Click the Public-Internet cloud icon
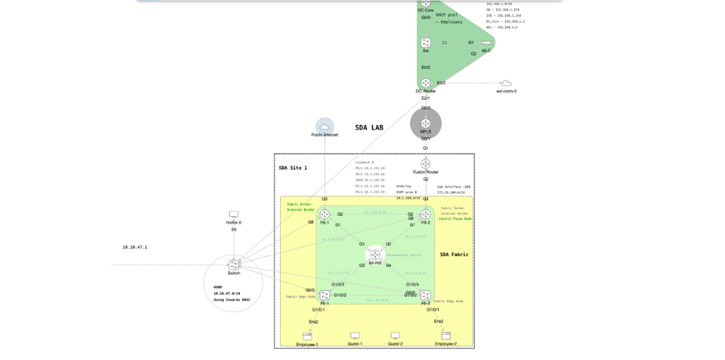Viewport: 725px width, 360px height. [325, 127]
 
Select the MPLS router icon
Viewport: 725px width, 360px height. [426, 123]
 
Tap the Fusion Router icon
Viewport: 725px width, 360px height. [426, 164]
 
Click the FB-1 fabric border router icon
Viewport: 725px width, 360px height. [325, 214]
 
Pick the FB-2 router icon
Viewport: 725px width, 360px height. [426, 214]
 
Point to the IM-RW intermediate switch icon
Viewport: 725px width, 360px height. [375, 255]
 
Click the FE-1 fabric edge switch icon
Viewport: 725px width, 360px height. [325, 295]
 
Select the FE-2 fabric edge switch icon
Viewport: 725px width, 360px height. [426, 295]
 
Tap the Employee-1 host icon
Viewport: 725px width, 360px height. [307, 336]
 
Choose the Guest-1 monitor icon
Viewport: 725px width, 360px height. [355, 335]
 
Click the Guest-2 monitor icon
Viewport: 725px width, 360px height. [395, 335]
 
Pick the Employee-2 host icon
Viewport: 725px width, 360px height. [446, 335]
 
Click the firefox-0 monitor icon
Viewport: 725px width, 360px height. [233, 214]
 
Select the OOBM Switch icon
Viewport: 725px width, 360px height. [233, 264]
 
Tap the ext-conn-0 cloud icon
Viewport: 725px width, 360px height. [506, 83]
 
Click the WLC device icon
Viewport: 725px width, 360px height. [486, 42]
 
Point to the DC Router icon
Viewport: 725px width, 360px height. [426, 83]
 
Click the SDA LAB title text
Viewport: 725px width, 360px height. [369, 128]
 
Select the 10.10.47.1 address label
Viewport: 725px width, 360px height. [135, 247]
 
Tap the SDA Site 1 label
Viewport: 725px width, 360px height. [293, 168]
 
